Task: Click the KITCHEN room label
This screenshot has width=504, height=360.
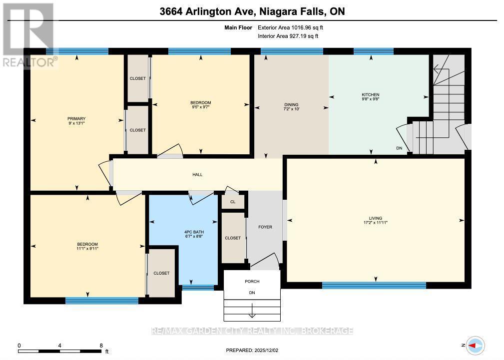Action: pyautogui.click(x=371, y=95)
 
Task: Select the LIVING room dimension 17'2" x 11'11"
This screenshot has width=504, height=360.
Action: pyautogui.click(x=375, y=223)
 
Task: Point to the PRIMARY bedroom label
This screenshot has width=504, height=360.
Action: pyautogui.click(x=77, y=118)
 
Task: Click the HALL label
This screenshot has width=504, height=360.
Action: pyautogui.click(x=197, y=175)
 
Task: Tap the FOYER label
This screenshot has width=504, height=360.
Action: pyautogui.click(x=265, y=227)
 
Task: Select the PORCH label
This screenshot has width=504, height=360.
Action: pyautogui.click(x=252, y=281)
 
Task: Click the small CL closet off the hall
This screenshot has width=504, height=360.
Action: pyautogui.click(x=233, y=202)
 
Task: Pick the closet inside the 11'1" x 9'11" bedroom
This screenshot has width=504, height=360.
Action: pyautogui.click(x=161, y=273)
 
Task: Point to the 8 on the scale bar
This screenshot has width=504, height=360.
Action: pyautogui.click(x=101, y=346)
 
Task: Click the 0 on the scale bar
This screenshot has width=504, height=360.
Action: pyautogui.click(x=19, y=346)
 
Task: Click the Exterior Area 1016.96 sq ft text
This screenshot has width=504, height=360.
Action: pyautogui.click(x=294, y=27)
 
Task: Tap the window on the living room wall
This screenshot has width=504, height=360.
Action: pyautogui.click(x=374, y=286)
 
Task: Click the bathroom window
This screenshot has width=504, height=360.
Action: pyautogui.click(x=198, y=287)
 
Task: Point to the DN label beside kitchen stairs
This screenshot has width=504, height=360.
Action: pyautogui.click(x=399, y=148)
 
